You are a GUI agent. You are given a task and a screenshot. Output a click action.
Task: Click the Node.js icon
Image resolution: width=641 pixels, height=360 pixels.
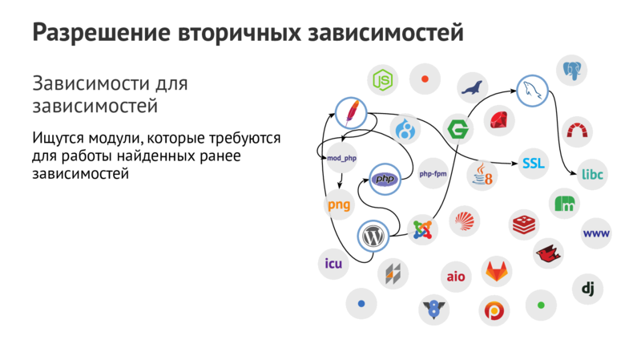coord(384,79)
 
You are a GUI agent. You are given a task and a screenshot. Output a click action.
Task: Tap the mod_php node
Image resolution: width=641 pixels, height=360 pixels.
coord(341,158)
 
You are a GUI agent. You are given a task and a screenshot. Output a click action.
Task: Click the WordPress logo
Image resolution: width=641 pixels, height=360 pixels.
coord(372,236)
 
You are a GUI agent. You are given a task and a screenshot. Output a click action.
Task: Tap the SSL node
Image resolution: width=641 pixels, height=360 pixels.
coord(533,163)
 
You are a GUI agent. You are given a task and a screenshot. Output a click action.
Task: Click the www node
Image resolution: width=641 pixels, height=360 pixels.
coord(597,233)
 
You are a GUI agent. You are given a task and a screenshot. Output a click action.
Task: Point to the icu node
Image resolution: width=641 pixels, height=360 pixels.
coord(333,264)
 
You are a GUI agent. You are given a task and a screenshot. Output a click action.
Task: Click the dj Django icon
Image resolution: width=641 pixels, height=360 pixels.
coord(587,288)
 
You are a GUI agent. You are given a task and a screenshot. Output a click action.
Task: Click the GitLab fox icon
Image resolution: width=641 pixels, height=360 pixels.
coord(498,271)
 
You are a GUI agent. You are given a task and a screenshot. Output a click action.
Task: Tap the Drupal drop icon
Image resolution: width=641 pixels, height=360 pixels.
coord(405,128)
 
